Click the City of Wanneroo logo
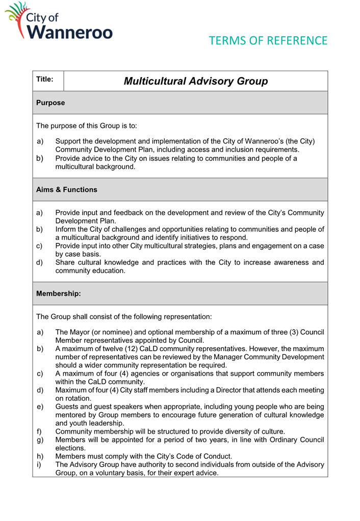pos(61,21)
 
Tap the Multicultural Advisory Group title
pos(196,81)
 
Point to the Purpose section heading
pos(50,103)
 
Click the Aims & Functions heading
pos(67,189)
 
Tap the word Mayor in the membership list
pos(81,333)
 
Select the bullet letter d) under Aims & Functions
pos(40,262)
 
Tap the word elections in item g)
pos(72,447)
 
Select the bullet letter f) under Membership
pos(40,431)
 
